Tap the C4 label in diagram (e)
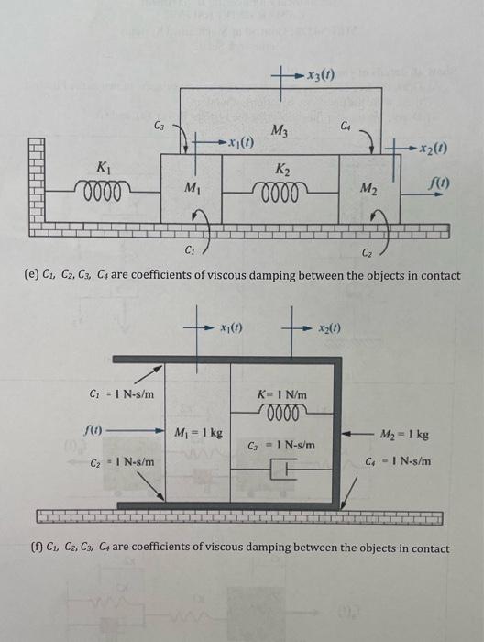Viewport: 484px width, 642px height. pyautogui.click(x=345, y=124)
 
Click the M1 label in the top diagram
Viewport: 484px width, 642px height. pyautogui.click(x=191, y=189)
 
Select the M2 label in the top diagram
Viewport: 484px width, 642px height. pyautogui.click(x=368, y=190)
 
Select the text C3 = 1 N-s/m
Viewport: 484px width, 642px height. pyautogui.click(x=286, y=445)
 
